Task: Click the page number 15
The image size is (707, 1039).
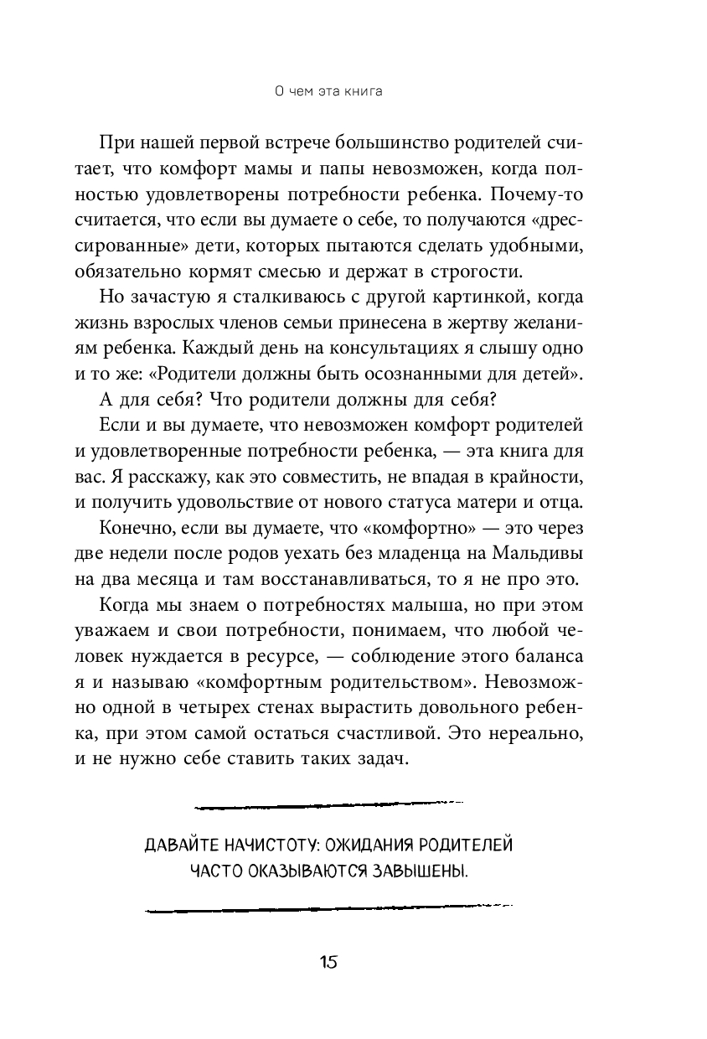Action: pos(327,962)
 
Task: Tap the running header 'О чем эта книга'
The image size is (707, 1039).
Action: pos(329,92)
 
